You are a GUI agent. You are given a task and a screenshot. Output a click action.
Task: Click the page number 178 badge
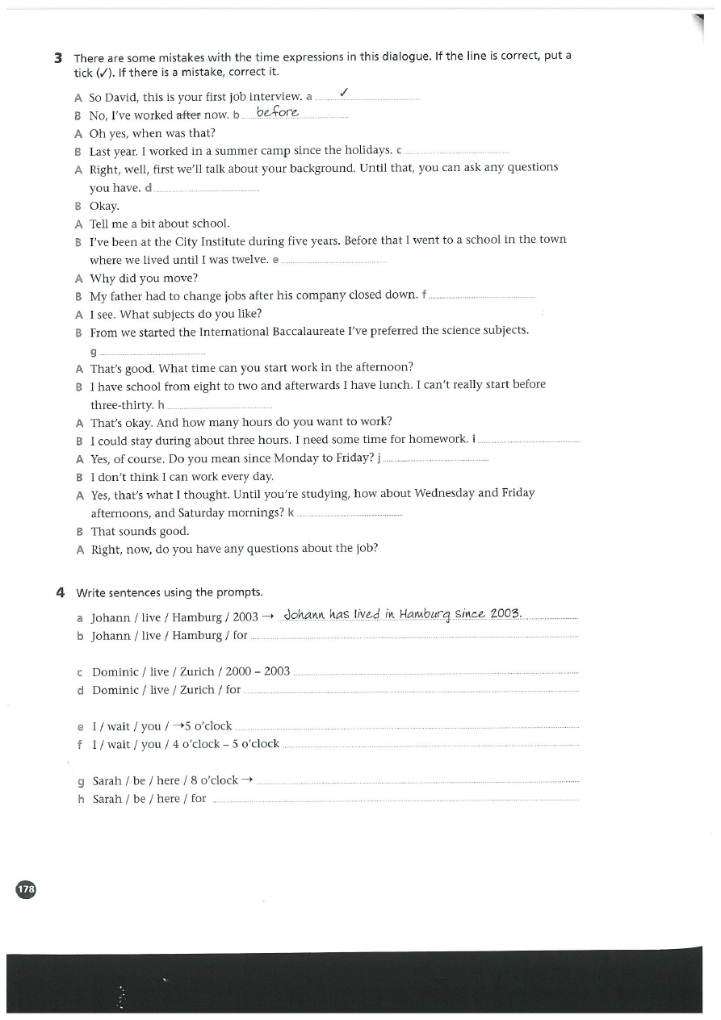click(26, 888)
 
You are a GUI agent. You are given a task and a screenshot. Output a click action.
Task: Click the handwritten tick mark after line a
click(344, 93)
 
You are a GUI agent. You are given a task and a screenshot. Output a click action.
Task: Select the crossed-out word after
click(189, 115)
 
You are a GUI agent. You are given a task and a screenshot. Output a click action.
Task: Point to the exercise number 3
click(58, 57)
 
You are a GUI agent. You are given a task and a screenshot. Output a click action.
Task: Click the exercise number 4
click(60, 592)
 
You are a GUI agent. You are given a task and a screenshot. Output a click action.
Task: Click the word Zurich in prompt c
click(197, 671)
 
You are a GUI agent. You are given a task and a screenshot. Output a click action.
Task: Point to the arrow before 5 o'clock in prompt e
click(177, 725)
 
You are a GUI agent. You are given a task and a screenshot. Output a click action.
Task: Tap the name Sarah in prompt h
click(107, 799)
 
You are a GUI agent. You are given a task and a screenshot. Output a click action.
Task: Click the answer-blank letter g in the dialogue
click(94, 352)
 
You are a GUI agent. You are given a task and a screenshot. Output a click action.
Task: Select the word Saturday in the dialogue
click(202, 513)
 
